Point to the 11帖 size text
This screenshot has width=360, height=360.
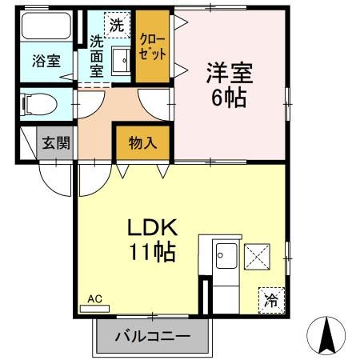coord(153,254)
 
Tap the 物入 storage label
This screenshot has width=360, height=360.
coord(142,144)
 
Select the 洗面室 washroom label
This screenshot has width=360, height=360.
coord(97,55)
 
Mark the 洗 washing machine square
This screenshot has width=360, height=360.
coord(117,24)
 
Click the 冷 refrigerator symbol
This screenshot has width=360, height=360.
coord(271,300)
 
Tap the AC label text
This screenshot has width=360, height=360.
coord(95,298)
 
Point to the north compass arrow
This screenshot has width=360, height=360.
coord(326,335)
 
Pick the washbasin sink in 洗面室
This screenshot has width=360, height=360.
coord(120,60)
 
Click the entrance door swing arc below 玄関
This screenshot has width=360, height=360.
coord(56,178)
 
